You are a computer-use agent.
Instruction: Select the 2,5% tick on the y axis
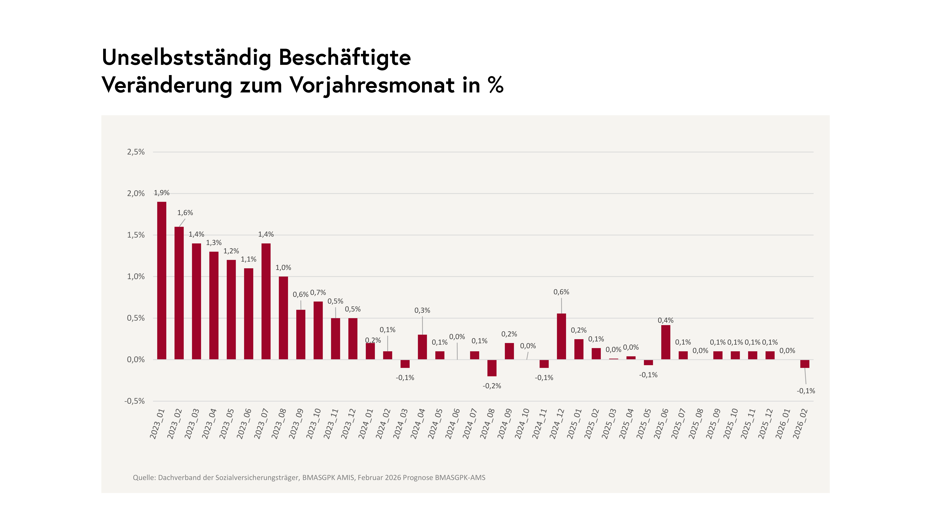(136, 152)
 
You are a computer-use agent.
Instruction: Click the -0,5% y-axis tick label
(135, 401)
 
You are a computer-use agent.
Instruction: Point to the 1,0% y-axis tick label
(136, 277)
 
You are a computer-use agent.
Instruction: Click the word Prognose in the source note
(418, 478)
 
